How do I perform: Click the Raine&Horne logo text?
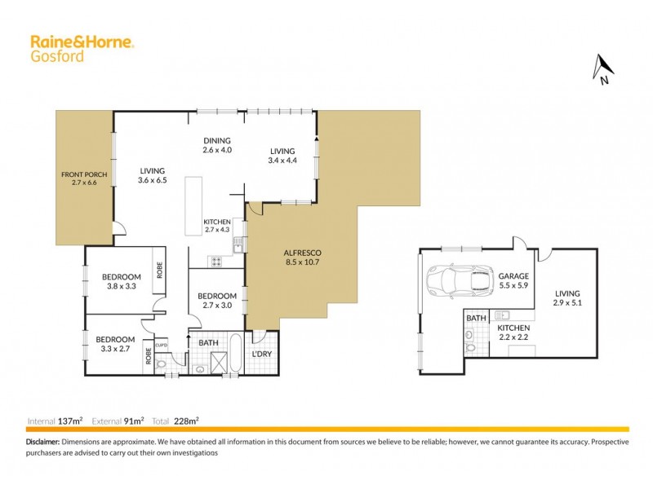82,42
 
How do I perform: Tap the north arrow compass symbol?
602,69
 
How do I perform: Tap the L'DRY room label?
261,355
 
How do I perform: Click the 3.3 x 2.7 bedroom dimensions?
114,350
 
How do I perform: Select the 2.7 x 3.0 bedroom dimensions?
217,306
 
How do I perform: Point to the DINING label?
217,140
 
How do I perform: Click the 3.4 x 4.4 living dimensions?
282,161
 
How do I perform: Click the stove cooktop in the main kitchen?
218,262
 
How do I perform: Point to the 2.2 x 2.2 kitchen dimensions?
514,338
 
